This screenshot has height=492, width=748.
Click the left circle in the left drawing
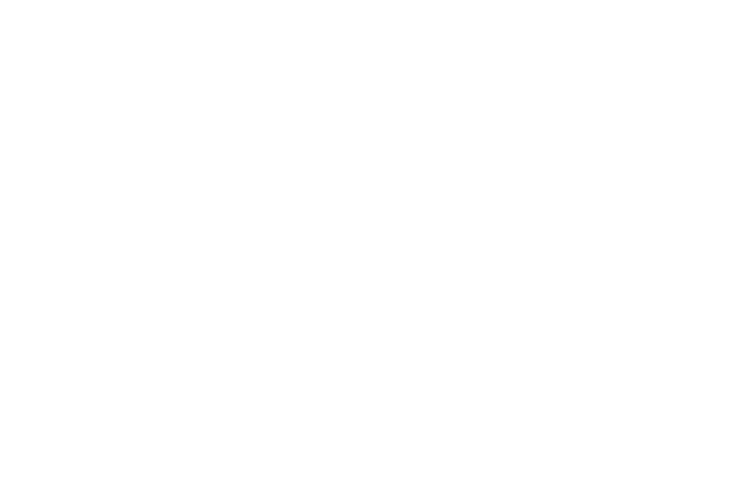tap(130, 261)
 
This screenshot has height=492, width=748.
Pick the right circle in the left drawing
tap(245, 261)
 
